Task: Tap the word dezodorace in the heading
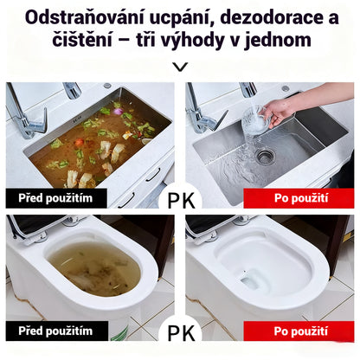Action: (266, 17)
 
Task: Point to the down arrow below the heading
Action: (180, 67)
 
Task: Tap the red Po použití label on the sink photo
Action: (299, 198)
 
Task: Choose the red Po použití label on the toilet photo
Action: (299, 331)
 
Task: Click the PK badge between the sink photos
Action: (180, 198)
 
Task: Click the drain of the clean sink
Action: (264, 156)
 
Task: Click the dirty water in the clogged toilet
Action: (93, 268)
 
